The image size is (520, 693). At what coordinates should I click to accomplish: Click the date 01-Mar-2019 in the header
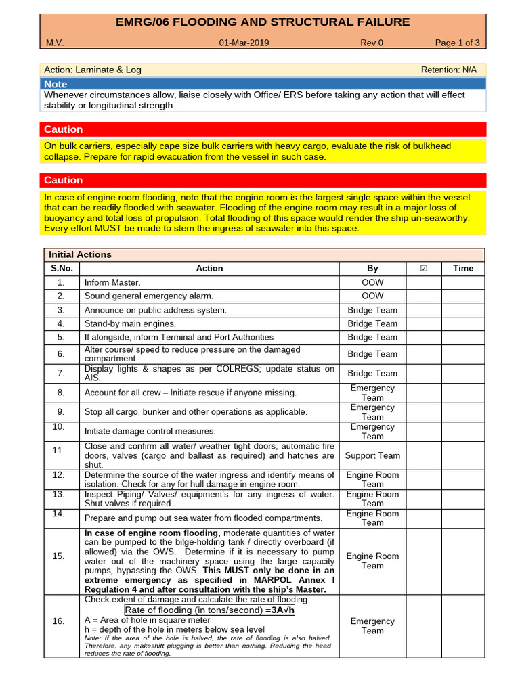pyautogui.click(x=244, y=43)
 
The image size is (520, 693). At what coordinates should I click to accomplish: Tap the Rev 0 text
pyautogui.click(x=372, y=43)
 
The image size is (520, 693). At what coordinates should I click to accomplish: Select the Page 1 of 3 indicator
pyautogui.click(x=457, y=43)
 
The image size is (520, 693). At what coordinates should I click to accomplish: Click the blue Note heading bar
pyautogui.click(x=263, y=84)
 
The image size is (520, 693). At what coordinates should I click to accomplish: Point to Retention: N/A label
pyautogui.click(x=449, y=70)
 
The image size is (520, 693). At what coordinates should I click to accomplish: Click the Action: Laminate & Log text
pyautogui.click(x=93, y=70)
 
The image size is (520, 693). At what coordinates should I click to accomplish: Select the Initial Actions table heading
pyautogui.click(x=81, y=254)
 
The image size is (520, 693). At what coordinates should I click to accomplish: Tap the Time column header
pyautogui.click(x=463, y=268)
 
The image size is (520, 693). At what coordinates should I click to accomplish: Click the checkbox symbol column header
pyautogui.click(x=424, y=268)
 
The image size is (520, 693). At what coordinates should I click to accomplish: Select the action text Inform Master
pyautogui.click(x=112, y=282)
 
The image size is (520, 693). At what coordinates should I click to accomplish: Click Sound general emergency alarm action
pyautogui.click(x=148, y=296)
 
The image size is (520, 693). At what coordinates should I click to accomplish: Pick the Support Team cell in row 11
pyautogui.click(x=372, y=455)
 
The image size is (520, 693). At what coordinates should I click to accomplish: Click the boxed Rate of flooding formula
pyautogui.click(x=210, y=610)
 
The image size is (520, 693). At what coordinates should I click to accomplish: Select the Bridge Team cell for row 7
pyautogui.click(x=372, y=373)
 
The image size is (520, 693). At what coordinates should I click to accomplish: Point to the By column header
pyautogui.click(x=372, y=268)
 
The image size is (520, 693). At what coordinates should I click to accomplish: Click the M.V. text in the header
pyautogui.click(x=55, y=43)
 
